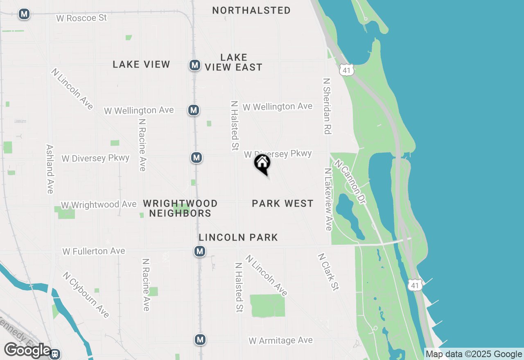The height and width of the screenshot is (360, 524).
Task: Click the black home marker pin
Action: pos(262,164)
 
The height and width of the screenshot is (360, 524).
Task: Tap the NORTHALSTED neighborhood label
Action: pos(251,11)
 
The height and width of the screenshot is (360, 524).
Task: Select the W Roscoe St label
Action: pos(81,18)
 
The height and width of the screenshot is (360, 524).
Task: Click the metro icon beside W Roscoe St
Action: pos(24,14)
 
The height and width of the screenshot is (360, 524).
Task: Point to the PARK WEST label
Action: pos(282,203)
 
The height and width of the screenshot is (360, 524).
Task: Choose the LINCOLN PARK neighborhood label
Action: pos(238,237)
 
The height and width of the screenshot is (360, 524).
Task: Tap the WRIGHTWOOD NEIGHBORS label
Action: pos(180,208)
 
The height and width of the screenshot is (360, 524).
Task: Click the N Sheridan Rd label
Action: pos(327,106)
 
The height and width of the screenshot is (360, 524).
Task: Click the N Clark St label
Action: pos(328,272)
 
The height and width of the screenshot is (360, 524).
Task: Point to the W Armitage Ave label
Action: pos(280,340)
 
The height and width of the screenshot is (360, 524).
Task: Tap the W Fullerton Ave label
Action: pos(94,251)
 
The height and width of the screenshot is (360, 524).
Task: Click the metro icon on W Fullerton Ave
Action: pos(200,251)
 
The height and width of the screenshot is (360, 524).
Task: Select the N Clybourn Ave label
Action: pos(86,295)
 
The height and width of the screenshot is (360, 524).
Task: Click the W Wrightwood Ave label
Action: pos(99,204)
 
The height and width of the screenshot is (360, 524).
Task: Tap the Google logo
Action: pos(27,350)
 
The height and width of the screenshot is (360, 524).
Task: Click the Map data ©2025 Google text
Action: pos(474,354)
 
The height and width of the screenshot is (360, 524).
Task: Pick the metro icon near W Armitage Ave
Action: pos(200,340)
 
